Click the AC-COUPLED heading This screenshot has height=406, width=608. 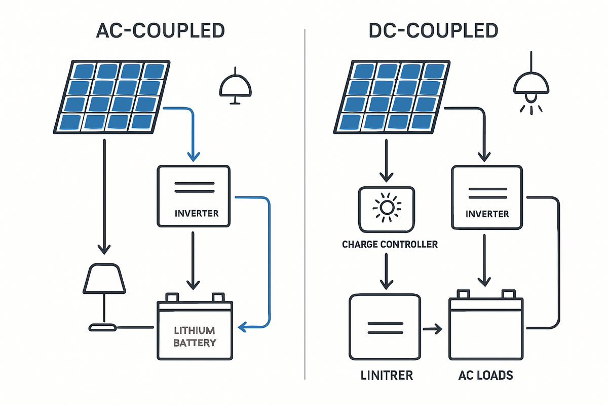[x=161, y=31]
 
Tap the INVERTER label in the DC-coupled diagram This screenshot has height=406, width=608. [x=487, y=214]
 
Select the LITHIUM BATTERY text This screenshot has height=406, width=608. [x=195, y=336]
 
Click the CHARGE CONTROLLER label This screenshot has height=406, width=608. [x=390, y=245]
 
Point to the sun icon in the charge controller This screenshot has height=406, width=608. [x=387, y=208]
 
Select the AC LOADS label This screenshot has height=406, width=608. [x=486, y=376]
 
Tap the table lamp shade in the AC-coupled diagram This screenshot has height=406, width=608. [x=104, y=280]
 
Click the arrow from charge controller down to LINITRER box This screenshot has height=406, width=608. [x=387, y=274]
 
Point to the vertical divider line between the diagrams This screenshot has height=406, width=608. [x=304, y=203]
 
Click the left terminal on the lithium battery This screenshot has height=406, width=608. [x=171, y=296]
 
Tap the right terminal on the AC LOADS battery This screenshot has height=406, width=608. [x=508, y=294]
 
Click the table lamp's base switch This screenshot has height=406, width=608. [x=103, y=328]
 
